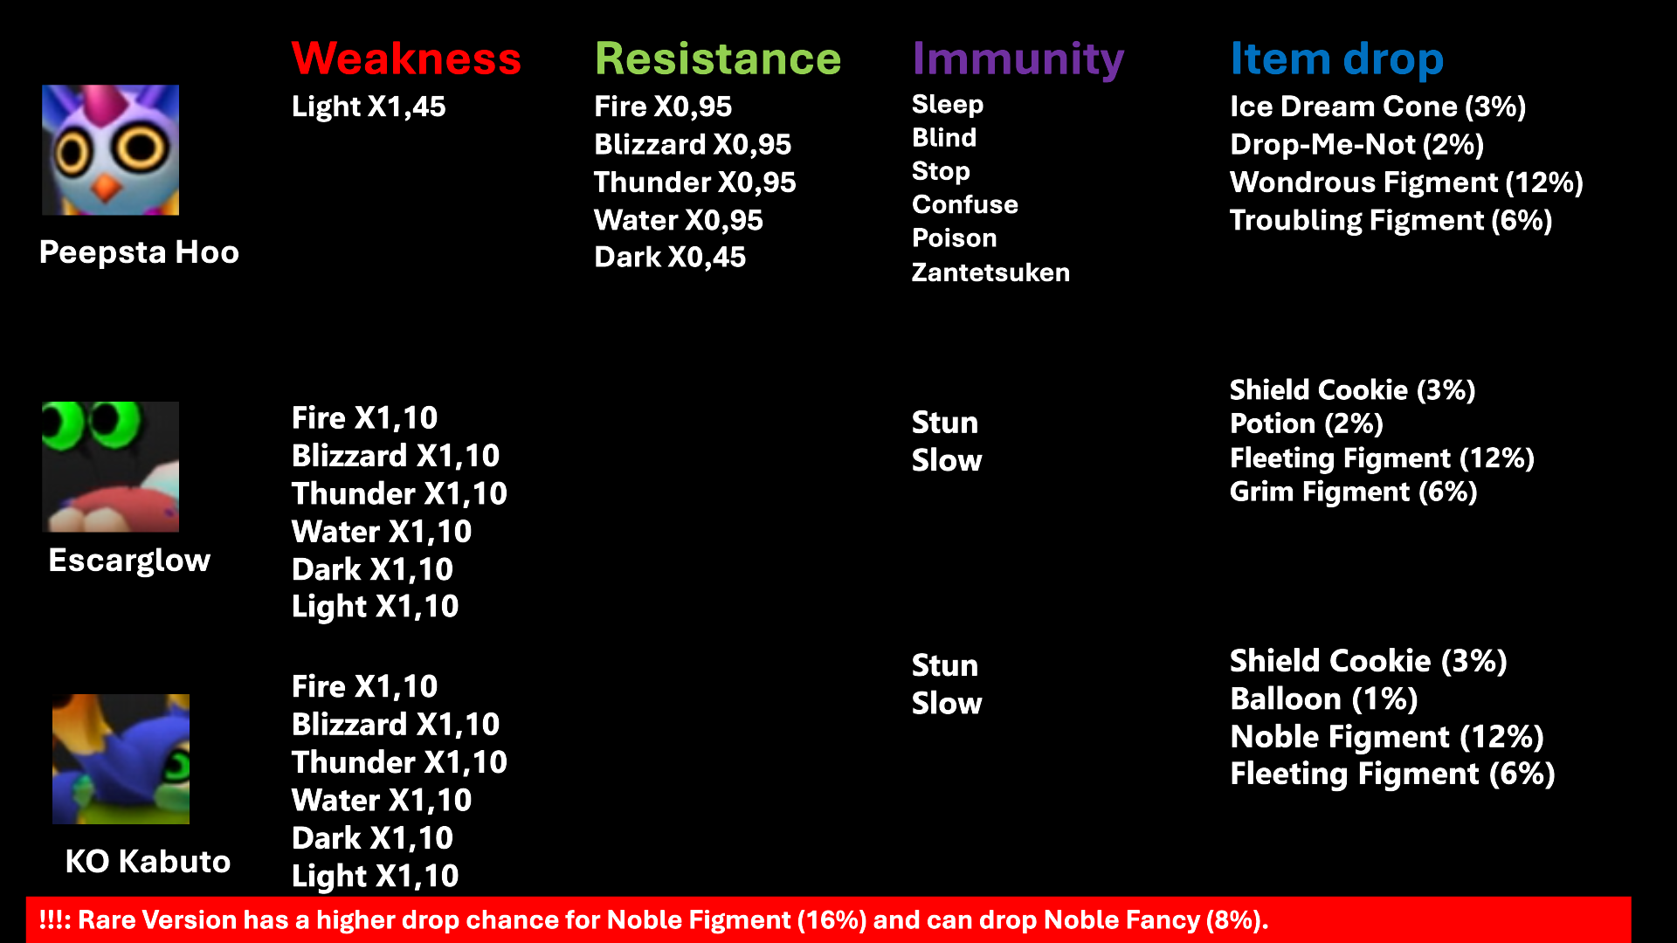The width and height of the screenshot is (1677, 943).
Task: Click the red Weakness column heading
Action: (x=406, y=59)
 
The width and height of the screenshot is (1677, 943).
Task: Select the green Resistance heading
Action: (x=718, y=59)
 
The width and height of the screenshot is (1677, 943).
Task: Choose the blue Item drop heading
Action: (x=1337, y=60)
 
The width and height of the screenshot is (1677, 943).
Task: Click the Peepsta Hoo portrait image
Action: (x=111, y=150)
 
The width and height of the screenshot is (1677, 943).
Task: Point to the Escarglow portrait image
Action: (x=111, y=467)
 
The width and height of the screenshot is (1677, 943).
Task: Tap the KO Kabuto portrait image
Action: (x=121, y=760)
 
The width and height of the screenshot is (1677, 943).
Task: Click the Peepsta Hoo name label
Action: (x=140, y=252)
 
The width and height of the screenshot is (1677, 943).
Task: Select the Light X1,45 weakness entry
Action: (x=369, y=107)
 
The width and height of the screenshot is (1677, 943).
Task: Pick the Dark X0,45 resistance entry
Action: (x=670, y=258)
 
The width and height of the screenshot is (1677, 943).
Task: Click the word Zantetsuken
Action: (x=990, y=272)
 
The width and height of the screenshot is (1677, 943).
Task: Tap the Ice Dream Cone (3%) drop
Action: (x=1378, y=107)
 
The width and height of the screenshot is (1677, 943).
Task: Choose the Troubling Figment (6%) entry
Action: (x=1391, y=220)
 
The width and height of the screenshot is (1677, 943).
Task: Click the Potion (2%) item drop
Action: (x=1307, y=423)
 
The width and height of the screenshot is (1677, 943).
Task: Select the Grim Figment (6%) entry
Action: (x=1354, y=492)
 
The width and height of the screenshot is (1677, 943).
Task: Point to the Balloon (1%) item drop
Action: (x=1324, y=699)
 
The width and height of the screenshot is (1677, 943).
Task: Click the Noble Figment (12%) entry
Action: (x=1387, y=737)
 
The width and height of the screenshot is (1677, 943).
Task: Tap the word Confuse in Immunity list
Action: (x=965, y=204)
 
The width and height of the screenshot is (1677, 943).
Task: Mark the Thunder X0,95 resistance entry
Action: (x=695, y=182)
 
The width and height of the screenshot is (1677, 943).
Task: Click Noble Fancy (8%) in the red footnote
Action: (x=1156, y=920)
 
